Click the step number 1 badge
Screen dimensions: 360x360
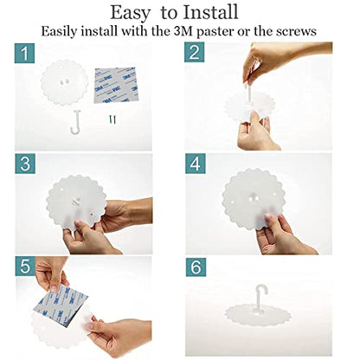25,54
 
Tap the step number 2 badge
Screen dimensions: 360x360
195,52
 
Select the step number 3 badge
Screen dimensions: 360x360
25,164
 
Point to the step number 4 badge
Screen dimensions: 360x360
196,164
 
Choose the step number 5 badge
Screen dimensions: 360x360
25,266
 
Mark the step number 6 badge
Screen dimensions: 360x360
196,267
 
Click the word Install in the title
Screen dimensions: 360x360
211,12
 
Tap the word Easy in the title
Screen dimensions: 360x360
131,14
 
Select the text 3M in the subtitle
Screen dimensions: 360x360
183,31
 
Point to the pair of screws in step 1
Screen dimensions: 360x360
112,119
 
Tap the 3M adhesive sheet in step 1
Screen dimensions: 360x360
116,85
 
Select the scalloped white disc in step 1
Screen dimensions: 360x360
64,82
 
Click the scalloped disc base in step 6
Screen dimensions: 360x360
259,315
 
